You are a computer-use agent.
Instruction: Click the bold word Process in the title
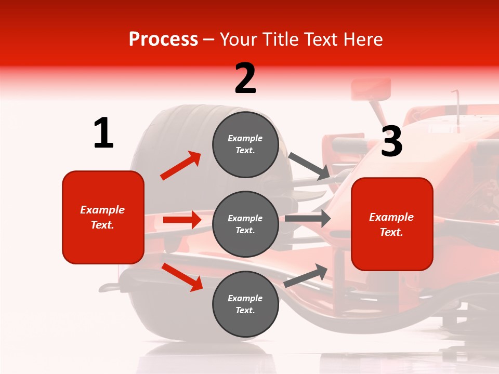point(163,39)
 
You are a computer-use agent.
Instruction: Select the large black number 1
point(103,133)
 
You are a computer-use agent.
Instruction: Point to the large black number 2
point(245,78)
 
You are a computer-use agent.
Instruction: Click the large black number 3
point(391,141)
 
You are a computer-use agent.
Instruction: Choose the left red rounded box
point(103,217)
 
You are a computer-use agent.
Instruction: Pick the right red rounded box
point(392,224)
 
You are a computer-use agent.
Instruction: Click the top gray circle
point(245,144)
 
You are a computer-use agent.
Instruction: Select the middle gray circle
point(245,224)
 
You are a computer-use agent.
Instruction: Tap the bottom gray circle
point(245,304)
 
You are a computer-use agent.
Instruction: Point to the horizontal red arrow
point(182,220)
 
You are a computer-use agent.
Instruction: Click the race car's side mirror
point(371,89)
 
